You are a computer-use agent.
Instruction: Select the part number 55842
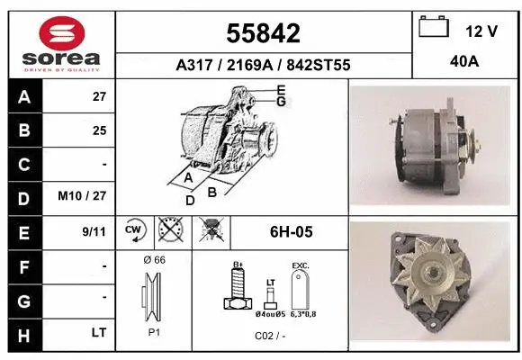tap(262, 33)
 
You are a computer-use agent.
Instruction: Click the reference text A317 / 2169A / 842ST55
tap(262, 65)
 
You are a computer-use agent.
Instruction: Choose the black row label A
tap(23, 97)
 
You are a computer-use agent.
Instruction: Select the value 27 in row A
tap(99, 97)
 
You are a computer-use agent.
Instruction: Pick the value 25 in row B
tap(99, 130)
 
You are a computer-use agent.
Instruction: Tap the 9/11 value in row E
tap(94, 231)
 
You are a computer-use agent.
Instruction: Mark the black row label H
tap(23, 333)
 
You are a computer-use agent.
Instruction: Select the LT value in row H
tap(98, 333)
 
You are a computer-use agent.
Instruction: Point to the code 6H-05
tap(291, 232)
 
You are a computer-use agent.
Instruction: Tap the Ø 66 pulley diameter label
tap(154, 260)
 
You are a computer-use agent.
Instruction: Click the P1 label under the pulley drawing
tap(154, 332)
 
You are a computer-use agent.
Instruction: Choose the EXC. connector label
tap(300, 266)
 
